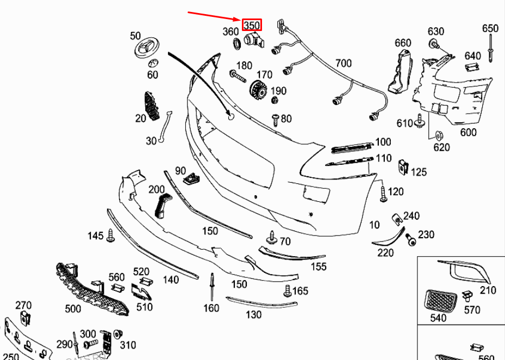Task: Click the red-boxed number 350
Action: pyautogui.click(x=252, y=25)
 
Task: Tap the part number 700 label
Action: pyautogui.click(x=343, y=63)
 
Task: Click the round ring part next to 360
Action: pyautogui.click(x=237, y=44)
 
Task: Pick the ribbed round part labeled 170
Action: pyautogui.click(x=257, y=89)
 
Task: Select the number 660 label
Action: pyautogui.click(x=403, y=43)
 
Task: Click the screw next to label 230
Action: pyautogui.click(x=410, y=238)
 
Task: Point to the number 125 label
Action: pyautogui.click(x=419, y=172)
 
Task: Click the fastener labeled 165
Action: pyautogui.click(x=288, y=291)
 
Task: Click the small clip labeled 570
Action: pyautogui.click(x=466, y=297)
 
